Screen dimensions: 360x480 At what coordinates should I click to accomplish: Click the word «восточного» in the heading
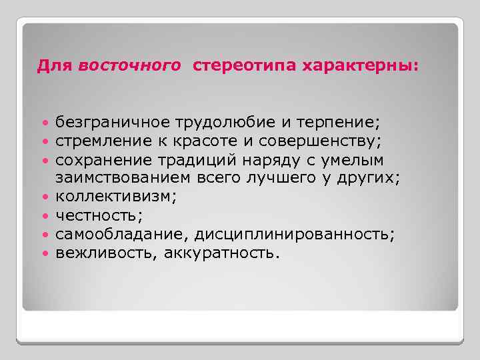tap(129, 67)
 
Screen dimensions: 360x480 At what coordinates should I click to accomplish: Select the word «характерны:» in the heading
tap(361, 67)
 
